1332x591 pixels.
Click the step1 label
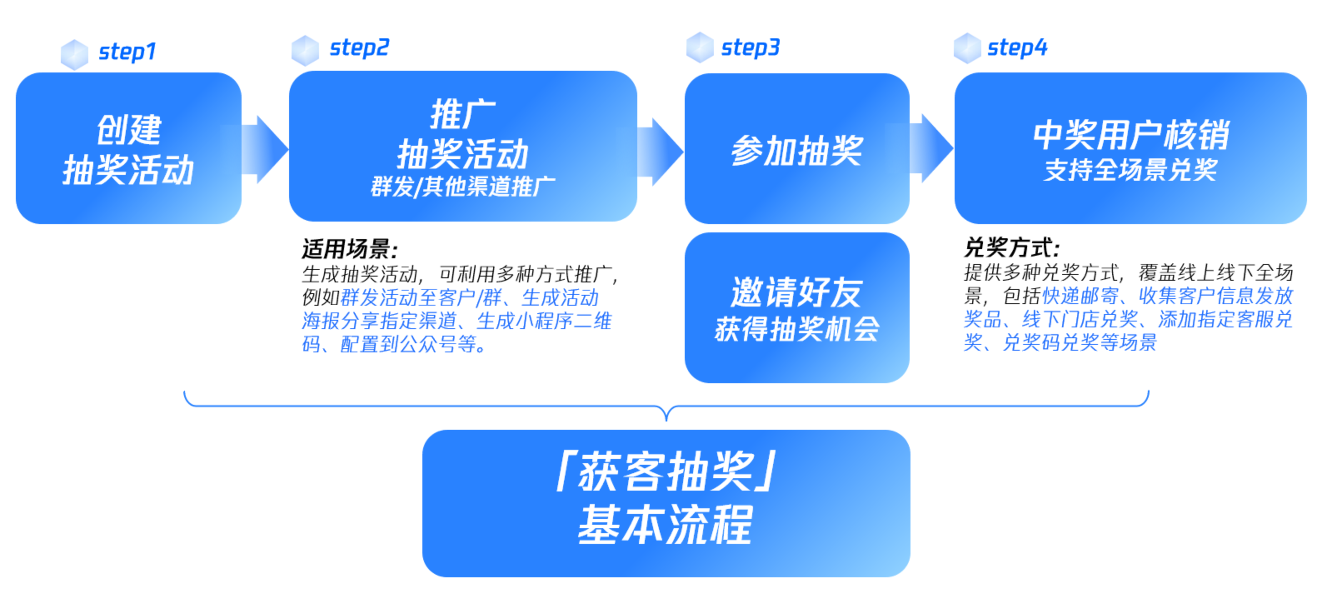pyautogui.click(x=127, y=52)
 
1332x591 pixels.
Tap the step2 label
pyautogui.click(x=359, y=48)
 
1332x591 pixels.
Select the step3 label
pyautogui.click(x=750, y=48)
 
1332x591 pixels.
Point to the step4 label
pyautogui.click(x=1017, y=48)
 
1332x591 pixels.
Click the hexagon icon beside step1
pyautogui.click(x=75, y=54)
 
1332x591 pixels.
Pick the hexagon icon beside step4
pyautogui.click(x=968, y=48)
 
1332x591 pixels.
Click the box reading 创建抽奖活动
pyautogui.click(x=129, y=148)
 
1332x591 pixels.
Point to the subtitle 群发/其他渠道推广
pyautogui.click(x=463, y=187)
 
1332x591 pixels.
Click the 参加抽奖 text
pyautogui.click(x=797, y=150)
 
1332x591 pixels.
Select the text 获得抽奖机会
pyautogui.click(x=796, y=329)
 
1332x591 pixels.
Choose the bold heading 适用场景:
pyautogui.click(x=350, y=249)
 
